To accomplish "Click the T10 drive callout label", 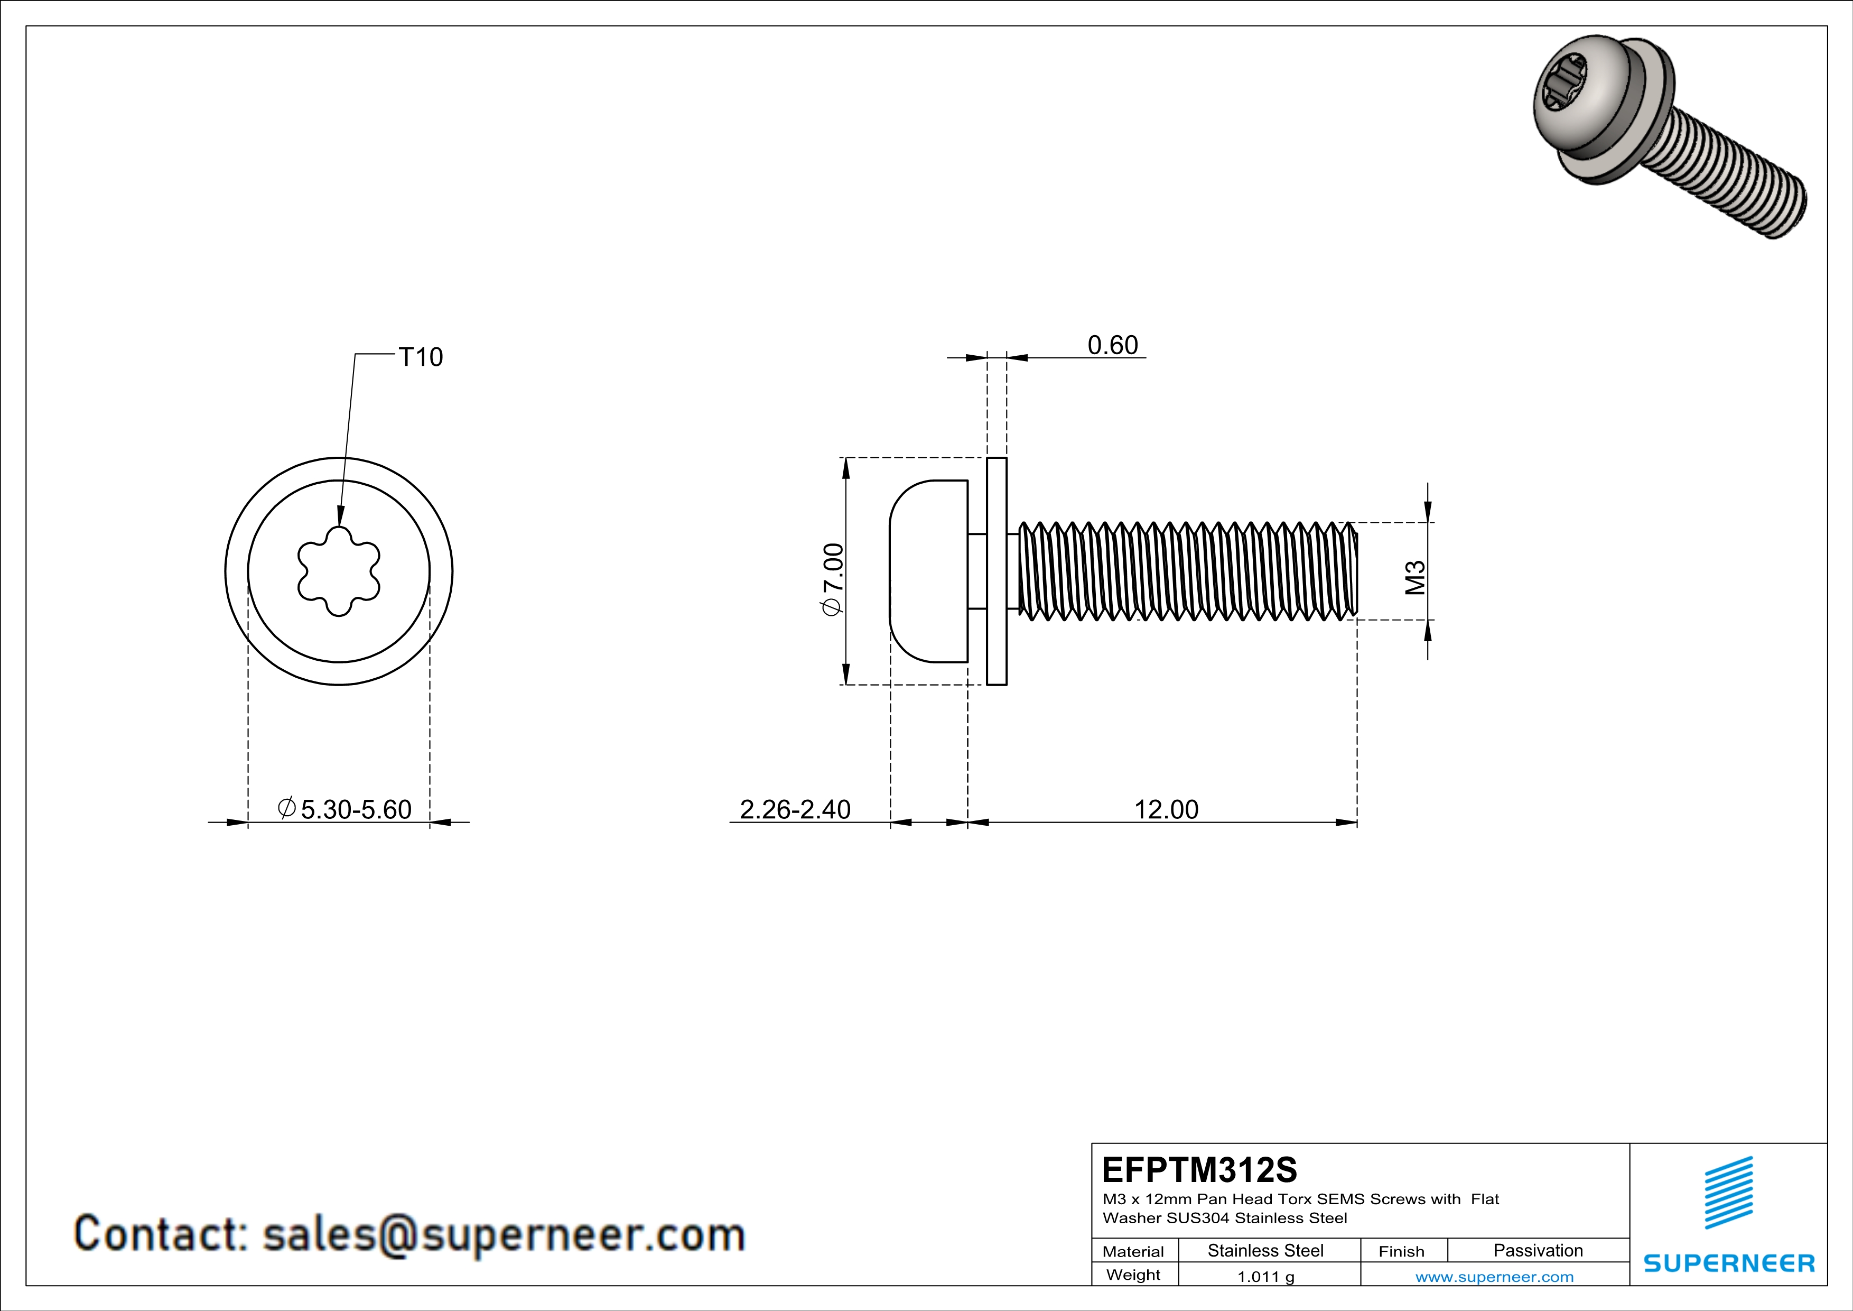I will pyautogui.click(x=421, y=357).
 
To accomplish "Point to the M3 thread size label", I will pyautogui.click(x=1416, y=578).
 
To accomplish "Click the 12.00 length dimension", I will pyautogui.click(x=1166, y=809).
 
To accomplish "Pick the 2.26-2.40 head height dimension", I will pyautogui.click(x=795, y=809).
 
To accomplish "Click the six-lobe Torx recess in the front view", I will pyautogui.click(x=338, y=571).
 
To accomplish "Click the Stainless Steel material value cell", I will pyautogui.click(x=1265, y=1250).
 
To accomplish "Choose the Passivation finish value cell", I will pyautogui.click(x=1538, y=1250).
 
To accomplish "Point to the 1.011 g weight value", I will pyautogui.click(x=1265, y=1276).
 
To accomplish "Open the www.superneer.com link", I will pyautogui.click(x=1494, y=1276).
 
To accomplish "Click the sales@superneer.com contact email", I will pyautogui.click(x=504, y=1235).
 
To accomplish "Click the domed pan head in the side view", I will pyautogui.click(x=929, y=571).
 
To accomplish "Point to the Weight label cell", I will pyautogui.click(x=1133, y=1275).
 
